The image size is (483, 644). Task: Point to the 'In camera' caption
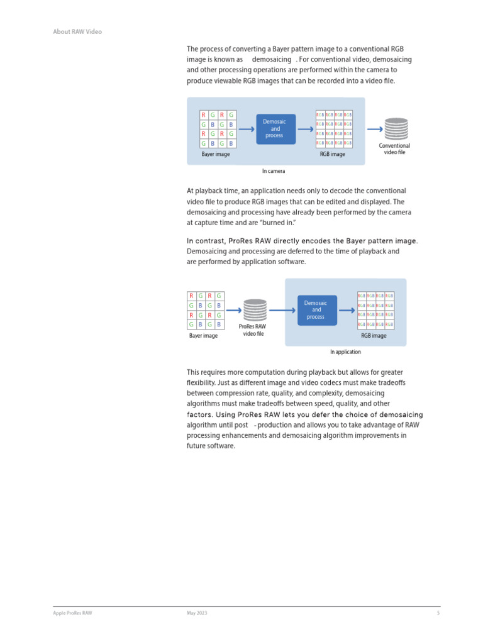tap(274, 171)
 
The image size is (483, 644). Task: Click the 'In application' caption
tap(345, 352)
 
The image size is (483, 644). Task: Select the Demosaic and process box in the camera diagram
tap(275, 129)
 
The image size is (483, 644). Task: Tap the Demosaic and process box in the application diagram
tap(316, 310)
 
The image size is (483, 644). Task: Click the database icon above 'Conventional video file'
tap(396, 129)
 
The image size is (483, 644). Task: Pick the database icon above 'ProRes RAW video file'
tap(254, 310)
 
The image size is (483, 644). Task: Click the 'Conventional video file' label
tap(394, 149)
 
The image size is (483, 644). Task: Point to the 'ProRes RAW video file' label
tap(253, 330)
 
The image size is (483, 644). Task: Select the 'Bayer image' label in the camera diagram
tap(215, 154)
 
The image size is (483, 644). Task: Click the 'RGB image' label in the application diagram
tap(374, 336)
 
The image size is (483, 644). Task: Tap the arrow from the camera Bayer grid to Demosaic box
tap(246, 129)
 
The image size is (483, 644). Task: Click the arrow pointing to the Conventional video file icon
tap(374, 129)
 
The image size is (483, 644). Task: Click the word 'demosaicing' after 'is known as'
tap(272, 59)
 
